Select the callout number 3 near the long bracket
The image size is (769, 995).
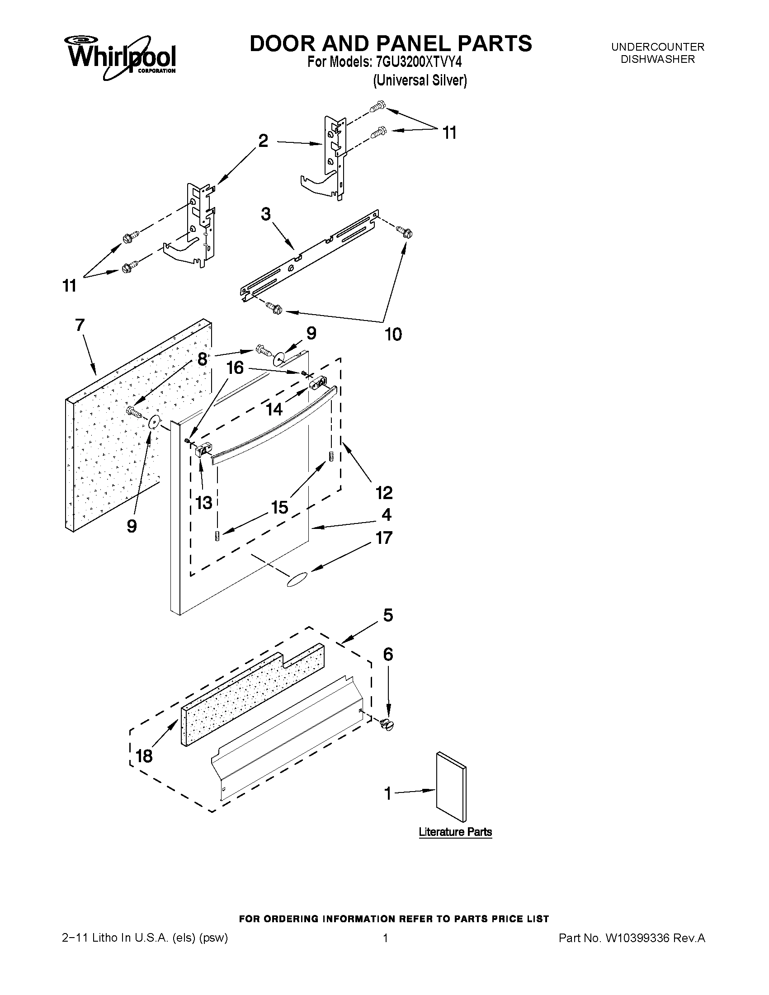pyautogui.click(x=265, y=214)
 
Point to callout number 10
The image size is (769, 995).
pyautogui.click(x=393, y=335)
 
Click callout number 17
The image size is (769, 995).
pyautogui.click(x=383, y=538)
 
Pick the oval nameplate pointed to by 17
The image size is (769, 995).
pyautogui.click(x=297, y=580)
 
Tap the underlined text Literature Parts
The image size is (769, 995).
pyautogui.click(x=455, y=832)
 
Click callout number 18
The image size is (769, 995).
pyautogui.click(x=144, y=756)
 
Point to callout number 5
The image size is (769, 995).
pyautogui.click(x=388, y=615)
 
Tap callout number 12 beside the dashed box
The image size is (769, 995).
pyautogui.click(x=383, y=492)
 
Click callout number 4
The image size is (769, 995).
pyautogui.click(x=387, y=515)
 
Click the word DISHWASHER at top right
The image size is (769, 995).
pyautogui.click(x=658, y=59)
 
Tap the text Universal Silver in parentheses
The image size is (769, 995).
pyautogui.click(x=420, y=80)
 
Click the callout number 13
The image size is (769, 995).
pyautogui.click(x=203, y=503)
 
